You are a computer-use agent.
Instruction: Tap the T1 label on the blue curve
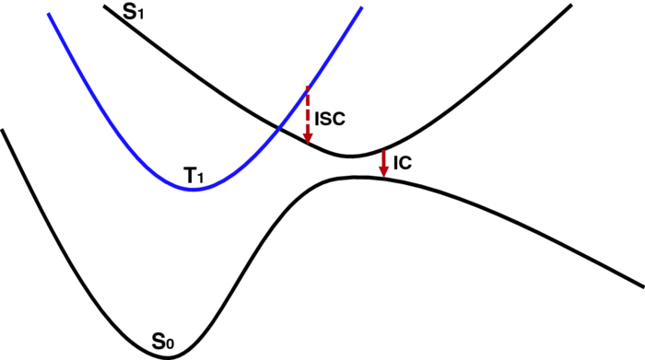194,174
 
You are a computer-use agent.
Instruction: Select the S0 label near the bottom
163,344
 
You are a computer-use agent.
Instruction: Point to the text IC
402,163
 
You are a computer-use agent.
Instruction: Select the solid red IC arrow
383,161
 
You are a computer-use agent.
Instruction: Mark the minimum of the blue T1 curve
192,189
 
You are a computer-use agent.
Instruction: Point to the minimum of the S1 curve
350,156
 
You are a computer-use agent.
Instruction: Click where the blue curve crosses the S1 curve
277,127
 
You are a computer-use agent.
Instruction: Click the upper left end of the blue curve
48,14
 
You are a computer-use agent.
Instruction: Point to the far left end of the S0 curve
3,130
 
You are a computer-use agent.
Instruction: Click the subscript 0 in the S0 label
170,347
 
